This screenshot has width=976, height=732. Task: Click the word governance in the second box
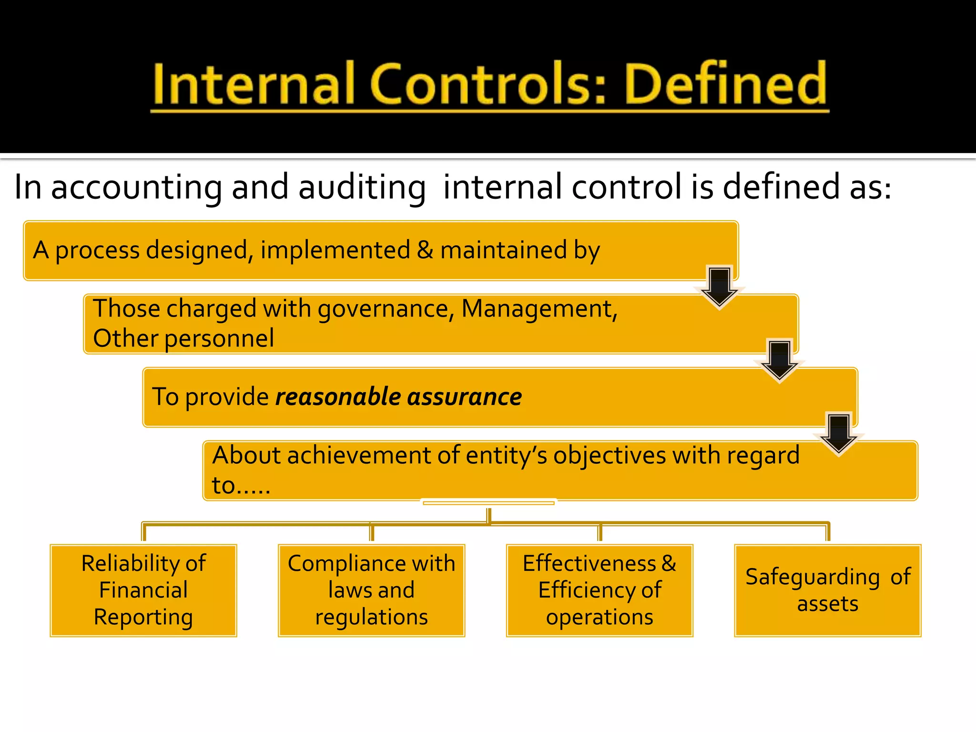383,308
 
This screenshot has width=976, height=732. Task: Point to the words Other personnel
183,338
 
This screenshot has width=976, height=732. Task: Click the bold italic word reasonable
338,396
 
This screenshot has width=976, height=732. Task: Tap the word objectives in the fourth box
609,455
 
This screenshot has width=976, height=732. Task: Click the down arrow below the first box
719,287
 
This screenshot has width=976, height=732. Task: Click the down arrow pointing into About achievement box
838,434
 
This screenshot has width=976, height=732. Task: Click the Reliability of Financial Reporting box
143,590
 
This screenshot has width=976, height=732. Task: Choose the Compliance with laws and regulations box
371,590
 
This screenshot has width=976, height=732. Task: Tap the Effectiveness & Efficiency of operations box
600,590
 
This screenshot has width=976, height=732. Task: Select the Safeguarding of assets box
828,590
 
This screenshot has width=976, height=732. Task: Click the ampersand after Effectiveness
669,563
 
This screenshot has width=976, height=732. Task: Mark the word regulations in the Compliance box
371,617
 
